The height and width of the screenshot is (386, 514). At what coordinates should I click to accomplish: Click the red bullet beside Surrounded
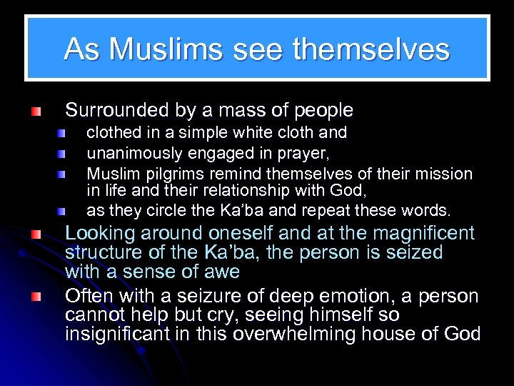point(36,112)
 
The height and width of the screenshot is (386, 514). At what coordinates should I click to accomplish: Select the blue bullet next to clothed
point(63,134)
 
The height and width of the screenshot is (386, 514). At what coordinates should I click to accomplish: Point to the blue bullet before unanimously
point(63,154)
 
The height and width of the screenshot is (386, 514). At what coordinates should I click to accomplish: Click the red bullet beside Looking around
point(36,234)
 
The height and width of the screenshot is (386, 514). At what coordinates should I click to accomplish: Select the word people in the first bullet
point(321,111)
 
